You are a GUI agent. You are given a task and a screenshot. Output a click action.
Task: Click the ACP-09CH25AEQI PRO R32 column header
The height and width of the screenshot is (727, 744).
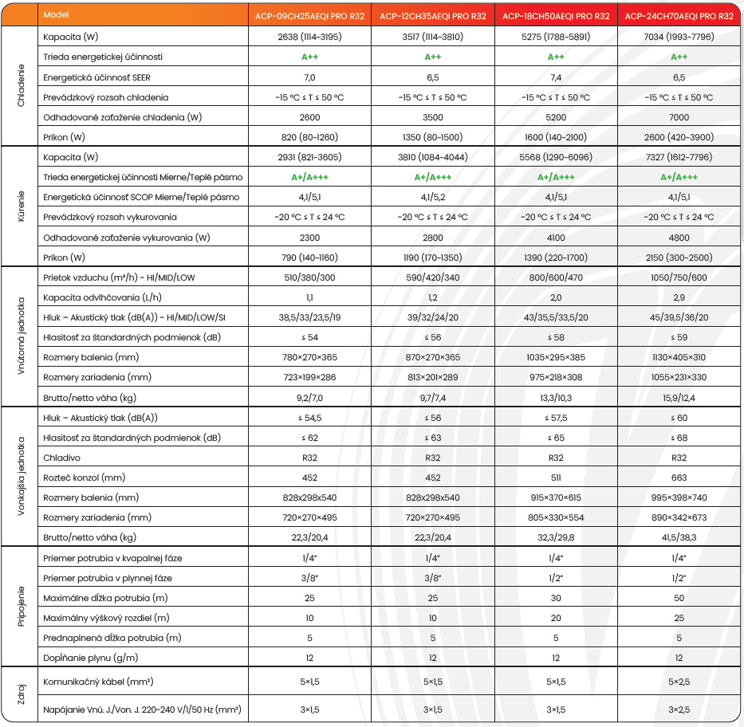(x=309, y=15)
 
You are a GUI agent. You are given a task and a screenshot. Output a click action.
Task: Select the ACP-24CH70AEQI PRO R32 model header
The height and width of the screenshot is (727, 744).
(x=679, y=15)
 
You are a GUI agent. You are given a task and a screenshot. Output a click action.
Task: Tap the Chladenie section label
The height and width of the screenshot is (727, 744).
(x=21, y=86)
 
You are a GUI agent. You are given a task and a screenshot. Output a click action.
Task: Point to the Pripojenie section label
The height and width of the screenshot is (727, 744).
(x=21, y=607)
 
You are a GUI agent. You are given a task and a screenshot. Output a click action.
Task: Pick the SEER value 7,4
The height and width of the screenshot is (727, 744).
(x=556, y=77)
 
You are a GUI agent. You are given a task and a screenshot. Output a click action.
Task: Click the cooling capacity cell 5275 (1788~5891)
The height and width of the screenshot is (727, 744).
(x=556, y=37)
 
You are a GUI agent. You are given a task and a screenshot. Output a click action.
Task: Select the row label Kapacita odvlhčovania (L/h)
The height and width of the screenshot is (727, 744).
(x=93, y=297)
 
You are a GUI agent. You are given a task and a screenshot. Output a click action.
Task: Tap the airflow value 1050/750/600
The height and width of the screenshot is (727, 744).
(x=679, y=277)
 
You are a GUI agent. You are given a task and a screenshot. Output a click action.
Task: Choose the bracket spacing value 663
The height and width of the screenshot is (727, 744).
(x=679, y=477)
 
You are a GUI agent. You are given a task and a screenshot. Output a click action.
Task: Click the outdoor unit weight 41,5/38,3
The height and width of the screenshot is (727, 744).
(x=679, y=537)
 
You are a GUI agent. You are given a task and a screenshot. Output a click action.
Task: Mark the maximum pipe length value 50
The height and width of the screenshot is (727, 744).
(x=679, y=598)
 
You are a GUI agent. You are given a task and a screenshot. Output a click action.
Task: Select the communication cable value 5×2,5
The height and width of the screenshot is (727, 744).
(x=679, y=682)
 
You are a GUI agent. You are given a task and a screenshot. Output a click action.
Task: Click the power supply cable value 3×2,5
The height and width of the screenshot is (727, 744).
(x=679, y=709)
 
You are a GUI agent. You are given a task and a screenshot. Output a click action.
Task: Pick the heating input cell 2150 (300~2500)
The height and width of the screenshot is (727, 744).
(x=679, y=257)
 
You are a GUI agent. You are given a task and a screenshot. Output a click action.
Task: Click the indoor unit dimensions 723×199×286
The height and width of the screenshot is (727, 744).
(x=309, y=377)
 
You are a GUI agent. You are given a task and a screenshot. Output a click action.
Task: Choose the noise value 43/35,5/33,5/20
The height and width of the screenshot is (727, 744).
(x=556, y=317)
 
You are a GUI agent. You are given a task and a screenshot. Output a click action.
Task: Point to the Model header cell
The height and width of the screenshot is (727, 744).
(x=57, y=15)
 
